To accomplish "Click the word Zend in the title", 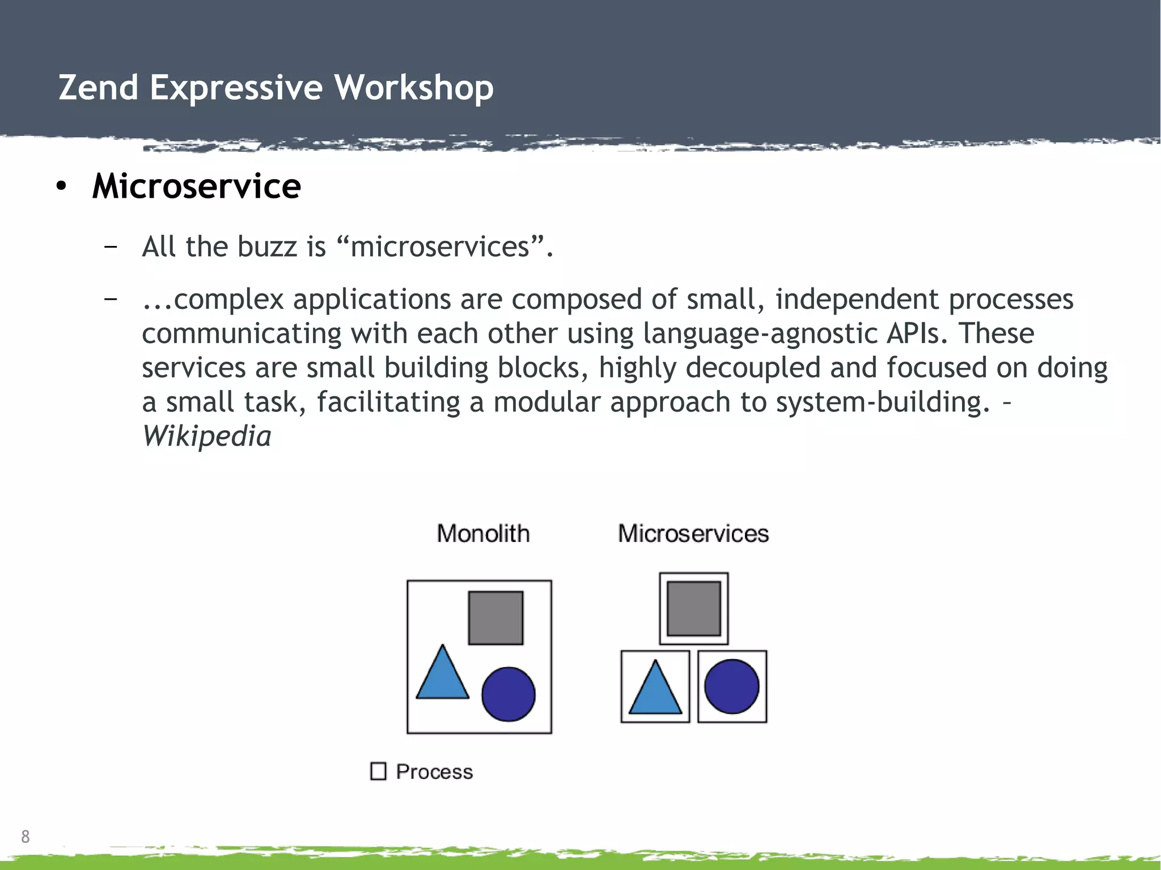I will click(x=99, y=88).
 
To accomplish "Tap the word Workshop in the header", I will click(x=413, y=88).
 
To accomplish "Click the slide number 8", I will click(x=25, y=836).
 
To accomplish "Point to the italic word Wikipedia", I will click(x=206, y=436).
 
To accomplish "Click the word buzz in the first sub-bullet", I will click(x=266, y=247).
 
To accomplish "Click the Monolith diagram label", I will click(x=483, y=533).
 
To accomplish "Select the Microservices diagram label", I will click(x=693, y=533).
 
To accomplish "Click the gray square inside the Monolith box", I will click(x=495, y=618).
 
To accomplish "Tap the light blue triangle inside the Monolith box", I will click(x=442, y=677).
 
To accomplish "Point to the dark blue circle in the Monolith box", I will click(x=508, y=694).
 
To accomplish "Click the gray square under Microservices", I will click(x=693, y=609).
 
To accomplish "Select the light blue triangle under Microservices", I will click(x=655, y=691).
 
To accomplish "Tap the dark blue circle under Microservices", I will click(x=731, y=686).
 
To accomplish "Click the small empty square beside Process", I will click(x=378, y=771).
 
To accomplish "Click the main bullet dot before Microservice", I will click(x=61, y=186).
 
